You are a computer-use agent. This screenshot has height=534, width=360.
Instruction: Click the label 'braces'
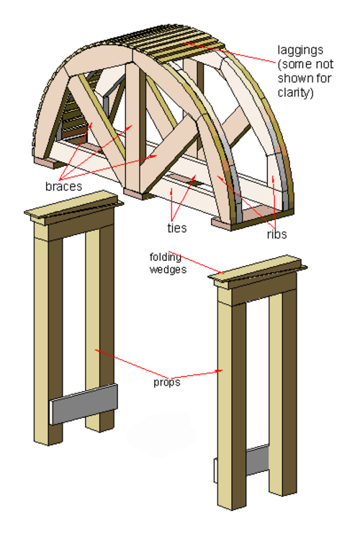(x=63, y=186)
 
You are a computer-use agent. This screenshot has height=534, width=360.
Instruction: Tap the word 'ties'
(x=177, y=228)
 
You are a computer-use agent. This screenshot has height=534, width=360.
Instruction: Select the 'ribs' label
(x=276, y=234)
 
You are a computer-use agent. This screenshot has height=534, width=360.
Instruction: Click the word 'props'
(x=167, y=382)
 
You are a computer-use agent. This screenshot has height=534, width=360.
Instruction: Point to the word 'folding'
(x=166, y=257)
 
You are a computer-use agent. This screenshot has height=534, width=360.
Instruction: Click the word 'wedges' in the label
(x=168, y=270)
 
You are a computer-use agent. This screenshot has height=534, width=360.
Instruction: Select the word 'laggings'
(x=300, y=50)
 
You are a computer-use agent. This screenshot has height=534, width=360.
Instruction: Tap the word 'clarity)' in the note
(x=296, y=93)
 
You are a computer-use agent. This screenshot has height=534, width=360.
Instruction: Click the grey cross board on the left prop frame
(x=84, y=404)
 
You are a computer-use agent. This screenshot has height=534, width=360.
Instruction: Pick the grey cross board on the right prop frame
(x=257, y=460)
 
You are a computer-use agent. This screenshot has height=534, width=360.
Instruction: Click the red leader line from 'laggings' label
(x=230, y=53)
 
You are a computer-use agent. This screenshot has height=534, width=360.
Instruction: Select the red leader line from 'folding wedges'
(x=197, y=262)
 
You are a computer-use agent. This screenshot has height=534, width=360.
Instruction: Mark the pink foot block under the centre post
(x=134, y=194)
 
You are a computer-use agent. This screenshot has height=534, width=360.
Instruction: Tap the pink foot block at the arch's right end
(x=252, y=218)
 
